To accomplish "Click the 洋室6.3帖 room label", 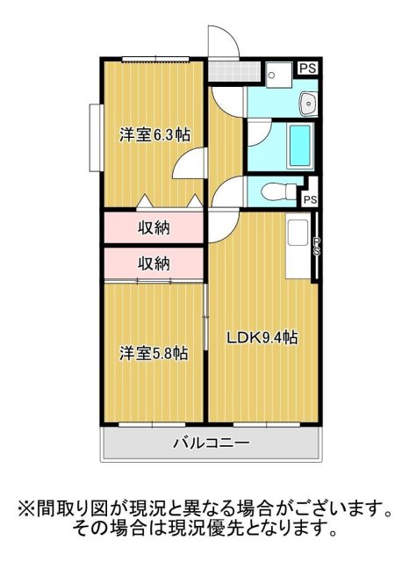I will pos(154,135).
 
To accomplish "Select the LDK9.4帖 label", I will pos(262,338).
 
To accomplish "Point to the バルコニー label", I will pos(211,443).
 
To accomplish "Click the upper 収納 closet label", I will pos(154,228).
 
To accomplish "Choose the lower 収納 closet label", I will pos(154,263).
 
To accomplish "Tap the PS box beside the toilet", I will pos(310,199).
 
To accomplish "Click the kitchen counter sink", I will pos(295,234).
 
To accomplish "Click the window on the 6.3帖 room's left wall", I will pos(94,138).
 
